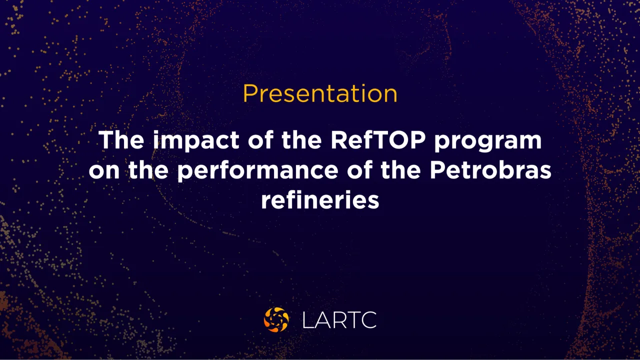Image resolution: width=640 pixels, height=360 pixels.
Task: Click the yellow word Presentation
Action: (x=320, y=93)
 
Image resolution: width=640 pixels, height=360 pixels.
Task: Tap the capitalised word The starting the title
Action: (x=121, y=139)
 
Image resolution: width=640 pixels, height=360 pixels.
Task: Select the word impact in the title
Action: (x=196, y=141)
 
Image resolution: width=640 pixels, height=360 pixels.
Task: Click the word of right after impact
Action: (x=260, y=139)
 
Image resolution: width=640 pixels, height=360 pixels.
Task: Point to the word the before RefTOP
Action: (x=301, y=139)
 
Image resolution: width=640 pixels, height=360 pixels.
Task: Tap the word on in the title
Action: (x=104, y=171)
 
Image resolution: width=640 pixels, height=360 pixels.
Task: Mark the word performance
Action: (x=257, y=171)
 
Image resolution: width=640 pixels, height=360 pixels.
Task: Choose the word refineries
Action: (x=320, y=199)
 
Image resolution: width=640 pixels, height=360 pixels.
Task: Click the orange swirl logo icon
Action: (x=276, y=319)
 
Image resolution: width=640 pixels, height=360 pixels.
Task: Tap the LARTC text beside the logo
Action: (x=339, y=320)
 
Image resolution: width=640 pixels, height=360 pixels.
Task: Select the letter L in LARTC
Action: (x=308, y=320)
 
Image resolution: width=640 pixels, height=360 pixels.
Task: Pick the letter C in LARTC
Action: (x=369, y=320)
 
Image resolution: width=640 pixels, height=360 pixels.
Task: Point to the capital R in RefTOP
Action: (x=339, y=140)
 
